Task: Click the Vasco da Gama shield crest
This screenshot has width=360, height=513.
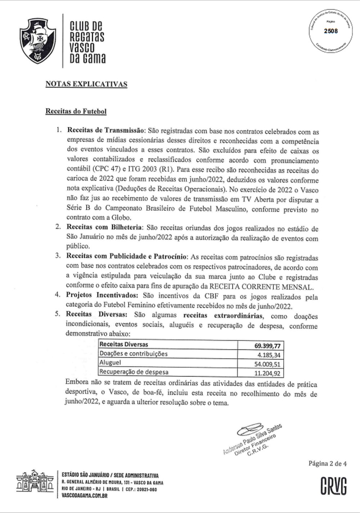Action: (x=38, y=40)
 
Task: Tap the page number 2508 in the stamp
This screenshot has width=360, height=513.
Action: (x=331, y=31)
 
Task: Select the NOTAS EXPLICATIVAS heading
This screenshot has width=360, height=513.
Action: (x=86, y=84)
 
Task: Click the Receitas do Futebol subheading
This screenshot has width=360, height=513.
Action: (x=76, y=111)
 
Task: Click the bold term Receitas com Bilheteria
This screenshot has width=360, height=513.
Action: (x=104, y=228)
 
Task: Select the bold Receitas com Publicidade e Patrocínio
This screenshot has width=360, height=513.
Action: (x=126, y=257)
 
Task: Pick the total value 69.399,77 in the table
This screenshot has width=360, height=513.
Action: (x=267, y=346)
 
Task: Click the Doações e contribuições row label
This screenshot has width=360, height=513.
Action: (x=134, y=354)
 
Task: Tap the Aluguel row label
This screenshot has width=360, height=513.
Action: (x=110, y=363)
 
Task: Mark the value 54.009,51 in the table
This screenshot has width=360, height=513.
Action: (x=267, y=364)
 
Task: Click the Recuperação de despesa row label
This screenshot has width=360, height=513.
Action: (x=134, y=372)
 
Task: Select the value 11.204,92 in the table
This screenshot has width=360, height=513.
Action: (x=267, y=373)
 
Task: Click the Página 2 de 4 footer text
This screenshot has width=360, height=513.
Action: (x=327, y=464)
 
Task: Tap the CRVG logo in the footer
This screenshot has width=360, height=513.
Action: (x=333, y=486)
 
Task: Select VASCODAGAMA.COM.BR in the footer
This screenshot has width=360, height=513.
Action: (x=85, y=495)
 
